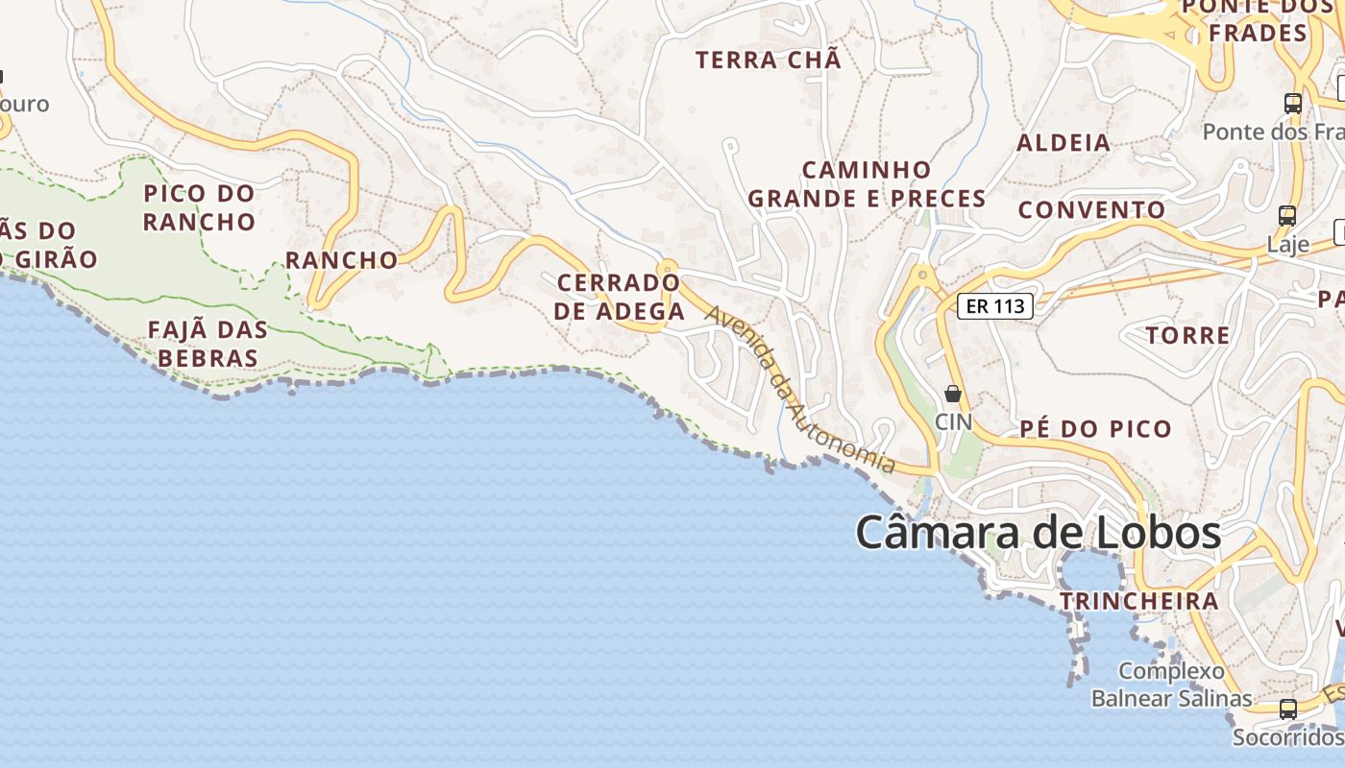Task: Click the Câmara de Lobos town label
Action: click(1038, 533)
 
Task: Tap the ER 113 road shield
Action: click(995, 306)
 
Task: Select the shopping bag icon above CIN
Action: click(953, 394)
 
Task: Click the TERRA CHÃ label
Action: click(768, 60)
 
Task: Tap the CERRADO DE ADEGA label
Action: click(620, 297)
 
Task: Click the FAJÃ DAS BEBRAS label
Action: click(208, 344)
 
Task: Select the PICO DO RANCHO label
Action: click(200, 207)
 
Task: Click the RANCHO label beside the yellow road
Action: click(341, 260)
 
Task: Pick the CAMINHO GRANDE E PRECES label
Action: click(867, 184)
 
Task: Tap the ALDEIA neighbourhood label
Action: click(1064, 143)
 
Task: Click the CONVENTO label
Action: click(1091, 209)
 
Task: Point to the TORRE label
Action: click(1187, 335)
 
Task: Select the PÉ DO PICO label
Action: click(1095, 428)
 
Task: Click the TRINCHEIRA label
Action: click(1138, 601)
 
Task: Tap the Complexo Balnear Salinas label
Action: click(1171, 684)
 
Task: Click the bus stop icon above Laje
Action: click(1287, 216)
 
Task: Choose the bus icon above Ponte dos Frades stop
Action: click(1293, 104)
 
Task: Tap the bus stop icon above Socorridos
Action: click(1288, 709)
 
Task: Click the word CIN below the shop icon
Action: click(953, 421)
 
